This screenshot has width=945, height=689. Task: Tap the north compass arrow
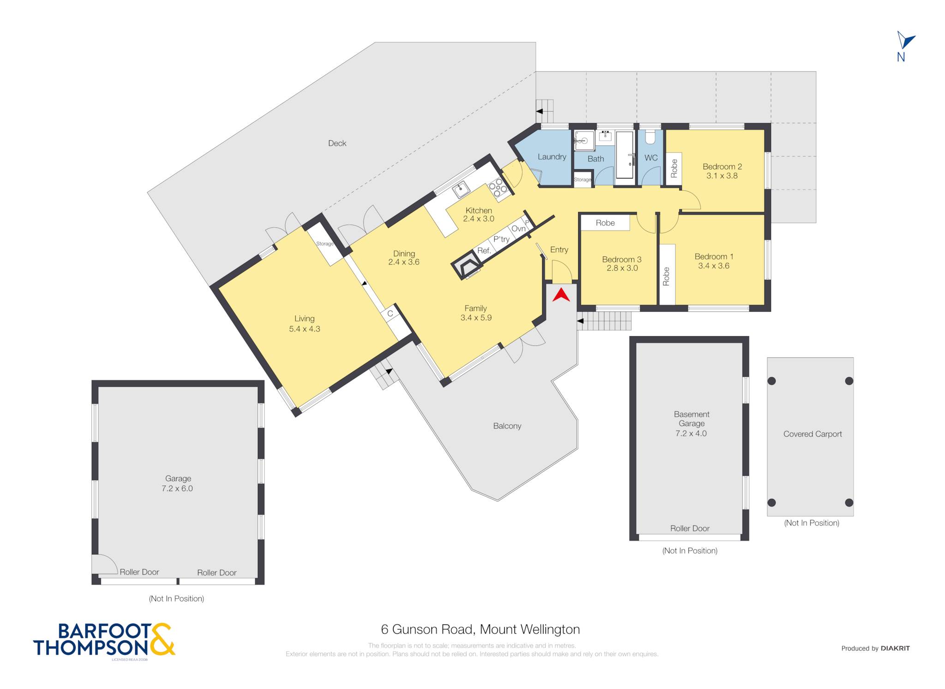[x=905, y=41]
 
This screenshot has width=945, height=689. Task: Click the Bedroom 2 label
[x=722, y=166]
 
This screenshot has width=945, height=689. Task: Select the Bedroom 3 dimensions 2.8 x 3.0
[x=622, y=268]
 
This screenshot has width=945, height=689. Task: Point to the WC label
[x=651, y=158]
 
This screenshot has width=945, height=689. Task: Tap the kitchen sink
[x=461, y=190]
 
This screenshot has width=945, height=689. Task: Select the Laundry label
[x=552, y=157]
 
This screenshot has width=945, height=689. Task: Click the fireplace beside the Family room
[x=467, y=266]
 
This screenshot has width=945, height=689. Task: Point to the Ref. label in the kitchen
[x=484, y=251]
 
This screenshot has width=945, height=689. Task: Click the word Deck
[x=337, y=143]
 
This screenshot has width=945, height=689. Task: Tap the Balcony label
[x=507, y=426]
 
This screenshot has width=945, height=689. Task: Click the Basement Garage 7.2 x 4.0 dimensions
[x=691, y=434]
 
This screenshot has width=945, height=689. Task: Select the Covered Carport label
[x=813, y=434]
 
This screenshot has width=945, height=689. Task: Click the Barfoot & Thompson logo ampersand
[x=162, y=639]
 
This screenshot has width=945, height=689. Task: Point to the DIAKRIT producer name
[x=895, y=648]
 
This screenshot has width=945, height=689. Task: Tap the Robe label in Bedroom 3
[x=605, y=223]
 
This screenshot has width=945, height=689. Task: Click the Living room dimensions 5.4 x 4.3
[x=305, y=329]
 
